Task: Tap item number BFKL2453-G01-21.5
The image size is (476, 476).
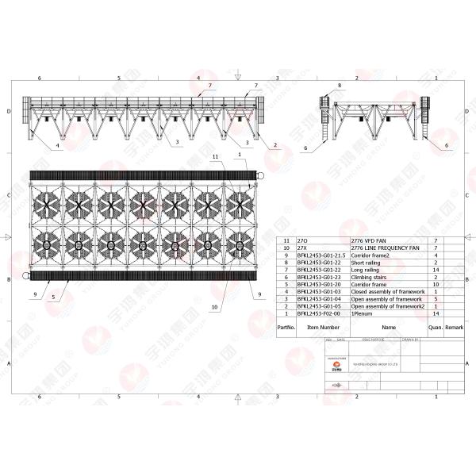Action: (x=322, y=255)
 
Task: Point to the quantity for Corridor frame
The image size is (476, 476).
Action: (x=435, y=284)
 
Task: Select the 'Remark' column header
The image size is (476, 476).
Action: (x=455, y=326)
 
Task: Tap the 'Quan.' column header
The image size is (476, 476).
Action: (x=435, y=326)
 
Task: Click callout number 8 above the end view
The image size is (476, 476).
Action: (x=339, y=84)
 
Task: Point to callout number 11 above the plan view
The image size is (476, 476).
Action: (x=214, y=159)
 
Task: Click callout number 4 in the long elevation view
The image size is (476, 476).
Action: (x=58, y=146)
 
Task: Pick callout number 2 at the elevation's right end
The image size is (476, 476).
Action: (x=275, y=146)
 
